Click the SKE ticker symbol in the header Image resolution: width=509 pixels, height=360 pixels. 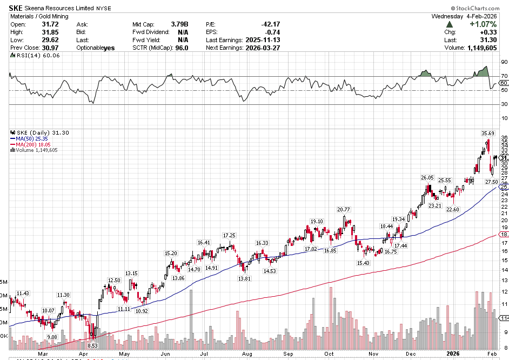16,9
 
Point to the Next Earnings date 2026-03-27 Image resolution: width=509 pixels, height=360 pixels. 262,48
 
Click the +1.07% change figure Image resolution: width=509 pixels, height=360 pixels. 483,24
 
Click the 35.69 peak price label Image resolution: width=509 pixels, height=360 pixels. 487,133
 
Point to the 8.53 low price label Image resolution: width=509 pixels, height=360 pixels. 92,345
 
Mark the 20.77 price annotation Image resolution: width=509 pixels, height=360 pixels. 344,210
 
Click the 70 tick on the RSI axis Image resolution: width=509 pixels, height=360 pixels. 504,76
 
